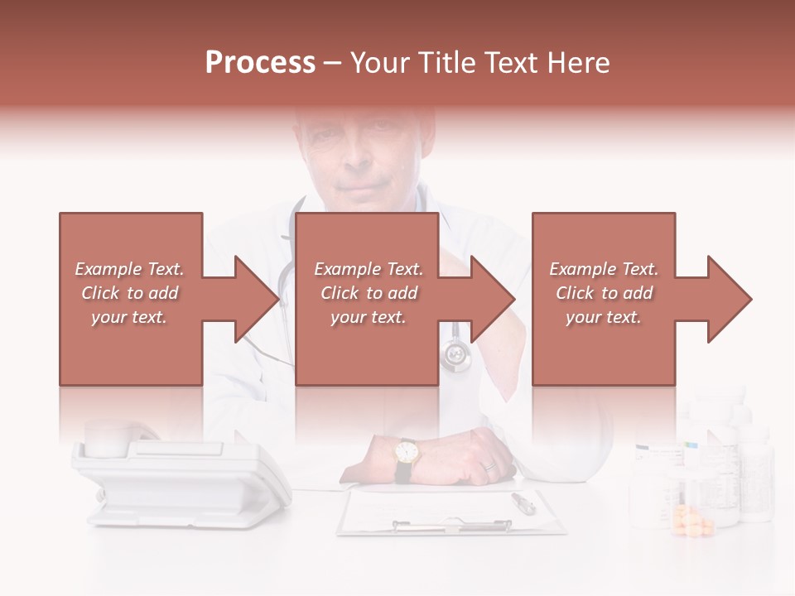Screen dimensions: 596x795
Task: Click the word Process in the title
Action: click(260, 63)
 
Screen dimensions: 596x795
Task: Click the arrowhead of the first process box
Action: click(257, 299)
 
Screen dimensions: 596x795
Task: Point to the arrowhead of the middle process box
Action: click(494, 299)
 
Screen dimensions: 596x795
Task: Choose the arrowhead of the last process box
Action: click(730, 299)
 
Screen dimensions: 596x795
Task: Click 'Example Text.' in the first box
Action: click(129, 269)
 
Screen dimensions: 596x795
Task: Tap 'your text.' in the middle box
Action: click(369, 317)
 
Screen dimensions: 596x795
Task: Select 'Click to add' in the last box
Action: click(604, 293)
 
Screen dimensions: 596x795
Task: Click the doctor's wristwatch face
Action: click(406, 452)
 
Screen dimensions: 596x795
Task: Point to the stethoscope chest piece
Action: click(455, 355)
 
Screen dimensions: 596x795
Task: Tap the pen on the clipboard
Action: click(523, 502)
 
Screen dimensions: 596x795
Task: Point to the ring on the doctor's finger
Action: click(489, 466)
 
